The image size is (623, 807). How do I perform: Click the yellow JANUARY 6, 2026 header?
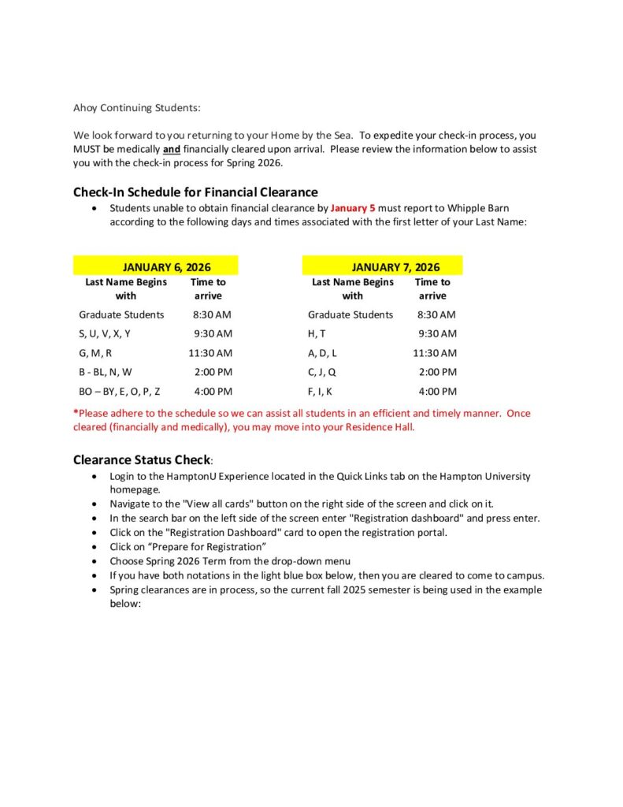pos(167,267)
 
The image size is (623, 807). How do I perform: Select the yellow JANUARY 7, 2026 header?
pos(395,267)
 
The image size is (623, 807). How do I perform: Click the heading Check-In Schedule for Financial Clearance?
pos(195,192)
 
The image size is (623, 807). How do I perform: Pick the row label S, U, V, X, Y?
pos(105,333)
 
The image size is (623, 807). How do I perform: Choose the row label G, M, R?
pos(95,353)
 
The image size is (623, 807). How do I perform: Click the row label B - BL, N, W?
pos(106,372)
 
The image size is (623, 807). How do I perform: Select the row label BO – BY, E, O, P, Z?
pos(120,391)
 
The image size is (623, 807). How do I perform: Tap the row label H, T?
pos(317,333)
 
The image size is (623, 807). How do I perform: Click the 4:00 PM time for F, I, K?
pos(437,391)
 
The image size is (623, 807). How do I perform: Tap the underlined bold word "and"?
pos(172,149)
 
